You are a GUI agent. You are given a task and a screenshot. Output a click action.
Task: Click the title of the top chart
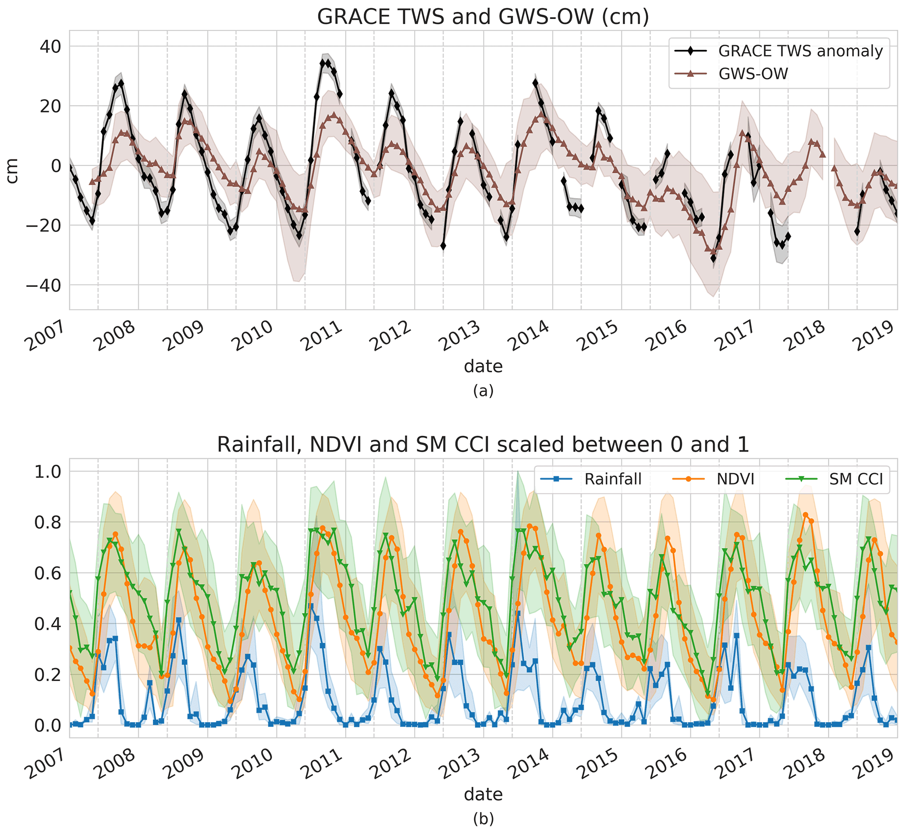pos(483,17)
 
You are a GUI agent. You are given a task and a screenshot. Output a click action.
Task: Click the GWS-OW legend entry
pos(753,74)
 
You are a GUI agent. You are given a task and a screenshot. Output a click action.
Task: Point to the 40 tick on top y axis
pos(50,46)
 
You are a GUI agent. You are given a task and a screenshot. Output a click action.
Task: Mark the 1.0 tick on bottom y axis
pos(48,472)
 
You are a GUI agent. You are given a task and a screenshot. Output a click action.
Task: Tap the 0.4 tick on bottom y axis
pos(48,624)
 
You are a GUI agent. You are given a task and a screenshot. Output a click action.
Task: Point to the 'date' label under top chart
pos(483,366)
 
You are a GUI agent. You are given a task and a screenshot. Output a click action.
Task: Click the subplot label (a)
pos(483,391)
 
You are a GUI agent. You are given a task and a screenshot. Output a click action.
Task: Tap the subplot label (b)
pos(483,819)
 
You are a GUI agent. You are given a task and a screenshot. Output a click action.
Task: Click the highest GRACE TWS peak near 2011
pos(323,63)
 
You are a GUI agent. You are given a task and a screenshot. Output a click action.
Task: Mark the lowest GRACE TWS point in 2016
pos(713,258)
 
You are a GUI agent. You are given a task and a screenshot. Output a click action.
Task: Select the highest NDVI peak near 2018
pos(805,515)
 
